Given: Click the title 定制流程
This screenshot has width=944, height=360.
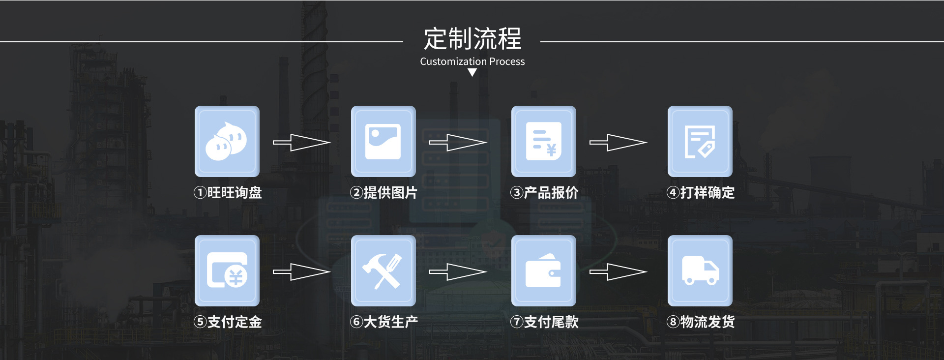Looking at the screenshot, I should click(x=472, y=38).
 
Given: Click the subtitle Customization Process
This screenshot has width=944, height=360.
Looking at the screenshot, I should click(x=472, y=61).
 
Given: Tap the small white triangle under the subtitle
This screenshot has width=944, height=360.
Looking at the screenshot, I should click(x=472, y=73).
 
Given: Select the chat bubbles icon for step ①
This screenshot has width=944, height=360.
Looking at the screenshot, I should click(x=227, y=142).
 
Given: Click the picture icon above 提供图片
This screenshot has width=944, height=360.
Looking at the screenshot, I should click(x=383, y=142).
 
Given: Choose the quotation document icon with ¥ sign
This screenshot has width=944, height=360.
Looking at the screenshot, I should click(x=544, y=142).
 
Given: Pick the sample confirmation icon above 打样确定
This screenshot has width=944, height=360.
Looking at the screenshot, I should click(x=700, y=142).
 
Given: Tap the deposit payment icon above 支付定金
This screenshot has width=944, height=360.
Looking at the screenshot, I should click(x=227, y=271).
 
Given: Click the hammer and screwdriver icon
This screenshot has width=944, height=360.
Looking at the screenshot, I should click(x=383, y=271).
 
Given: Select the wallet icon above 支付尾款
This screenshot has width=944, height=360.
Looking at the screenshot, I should click(x=544, y=271).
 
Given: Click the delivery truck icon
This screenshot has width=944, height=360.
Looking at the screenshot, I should click(x=700, y=271).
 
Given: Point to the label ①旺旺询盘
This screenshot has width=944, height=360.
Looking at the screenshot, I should click(x=228, y=192).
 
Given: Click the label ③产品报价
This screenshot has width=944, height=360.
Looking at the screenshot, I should click(x=544, y=192).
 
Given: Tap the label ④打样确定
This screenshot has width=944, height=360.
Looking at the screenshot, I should click(x=701, y=192).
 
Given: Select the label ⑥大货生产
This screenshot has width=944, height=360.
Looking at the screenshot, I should click(x=384, y=322).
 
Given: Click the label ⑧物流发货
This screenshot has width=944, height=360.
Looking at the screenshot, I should click(x=701, y=322).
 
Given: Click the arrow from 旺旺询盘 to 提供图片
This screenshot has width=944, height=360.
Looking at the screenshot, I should click(x=301, y=143).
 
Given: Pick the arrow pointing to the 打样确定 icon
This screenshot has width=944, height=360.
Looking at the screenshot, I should click(x=618, y=143).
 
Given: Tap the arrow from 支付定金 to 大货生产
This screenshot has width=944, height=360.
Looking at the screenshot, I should click(x=301, y=272).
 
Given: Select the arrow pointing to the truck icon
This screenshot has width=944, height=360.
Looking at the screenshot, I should click(x=618, y=272).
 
